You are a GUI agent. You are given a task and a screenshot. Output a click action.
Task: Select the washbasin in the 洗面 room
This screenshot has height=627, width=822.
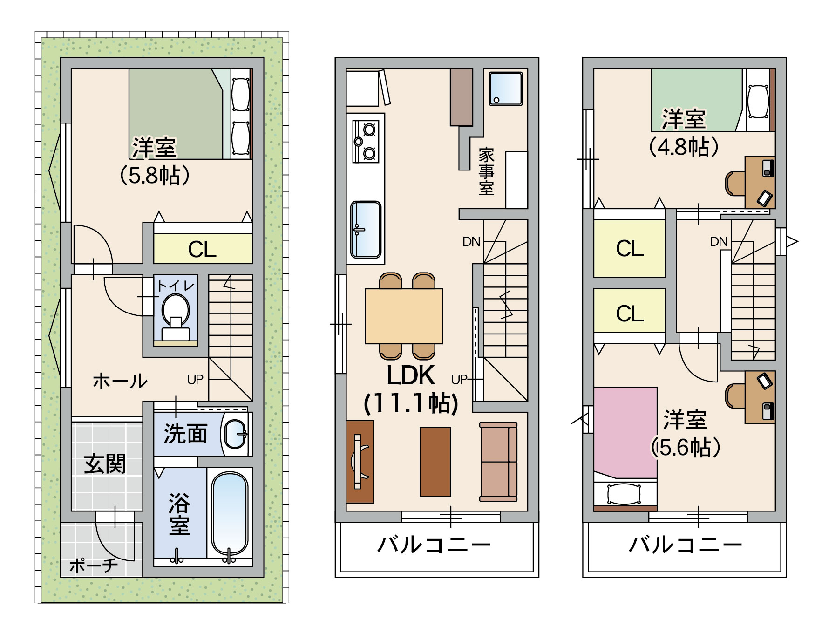tap(236, 434)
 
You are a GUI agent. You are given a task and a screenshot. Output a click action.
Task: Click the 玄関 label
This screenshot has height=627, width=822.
tap(105, 464)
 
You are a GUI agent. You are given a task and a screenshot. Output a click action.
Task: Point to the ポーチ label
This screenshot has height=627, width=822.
tap(94, 566)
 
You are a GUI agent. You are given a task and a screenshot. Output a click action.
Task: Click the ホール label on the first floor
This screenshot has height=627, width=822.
tap(120, 381)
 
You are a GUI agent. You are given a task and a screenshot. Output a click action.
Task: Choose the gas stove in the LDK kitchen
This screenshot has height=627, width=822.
tap(366, 141)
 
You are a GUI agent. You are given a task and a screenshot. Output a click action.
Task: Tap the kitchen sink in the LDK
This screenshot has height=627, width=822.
tap(366, 229)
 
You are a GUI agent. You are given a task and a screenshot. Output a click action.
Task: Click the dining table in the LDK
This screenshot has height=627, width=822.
tap(404, 316)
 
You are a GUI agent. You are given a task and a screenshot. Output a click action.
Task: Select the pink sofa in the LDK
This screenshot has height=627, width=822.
tap(499, 462)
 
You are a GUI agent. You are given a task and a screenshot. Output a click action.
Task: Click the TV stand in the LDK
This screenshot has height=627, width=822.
tap(360, 462)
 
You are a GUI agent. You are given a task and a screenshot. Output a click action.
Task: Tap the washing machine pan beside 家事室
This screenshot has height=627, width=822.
tap(505, 89)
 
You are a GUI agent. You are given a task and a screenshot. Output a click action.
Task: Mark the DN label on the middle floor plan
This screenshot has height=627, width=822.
tap(471, 241)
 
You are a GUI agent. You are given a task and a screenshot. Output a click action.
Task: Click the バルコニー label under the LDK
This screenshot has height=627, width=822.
tap(434, 544)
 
